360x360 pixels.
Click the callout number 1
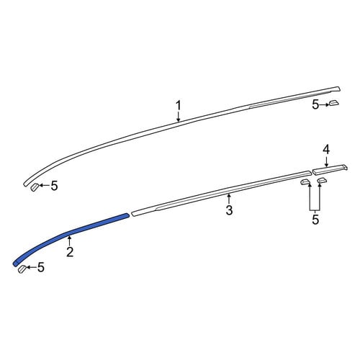click(x=178, y=106)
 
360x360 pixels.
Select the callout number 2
click(x=70, y=252)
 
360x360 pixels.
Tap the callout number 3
click(x=229, y=210)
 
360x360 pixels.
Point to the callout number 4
click(x=326, y=150)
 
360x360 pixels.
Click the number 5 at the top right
click(x=315, y=105)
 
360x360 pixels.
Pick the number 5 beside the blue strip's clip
click(x=41, y=267)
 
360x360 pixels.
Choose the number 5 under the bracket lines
click(x=315, y=220)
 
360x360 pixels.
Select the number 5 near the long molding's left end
click(x=55, y=186)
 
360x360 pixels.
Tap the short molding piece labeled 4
click(x=330, y=169)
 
